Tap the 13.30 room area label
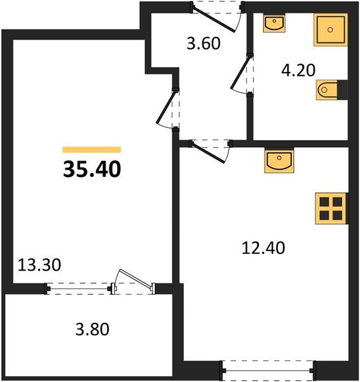(38, 265)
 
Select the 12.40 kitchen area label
(262, 248)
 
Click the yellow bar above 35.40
(92, 150)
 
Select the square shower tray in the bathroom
(330, 29)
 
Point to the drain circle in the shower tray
(330, 29)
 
